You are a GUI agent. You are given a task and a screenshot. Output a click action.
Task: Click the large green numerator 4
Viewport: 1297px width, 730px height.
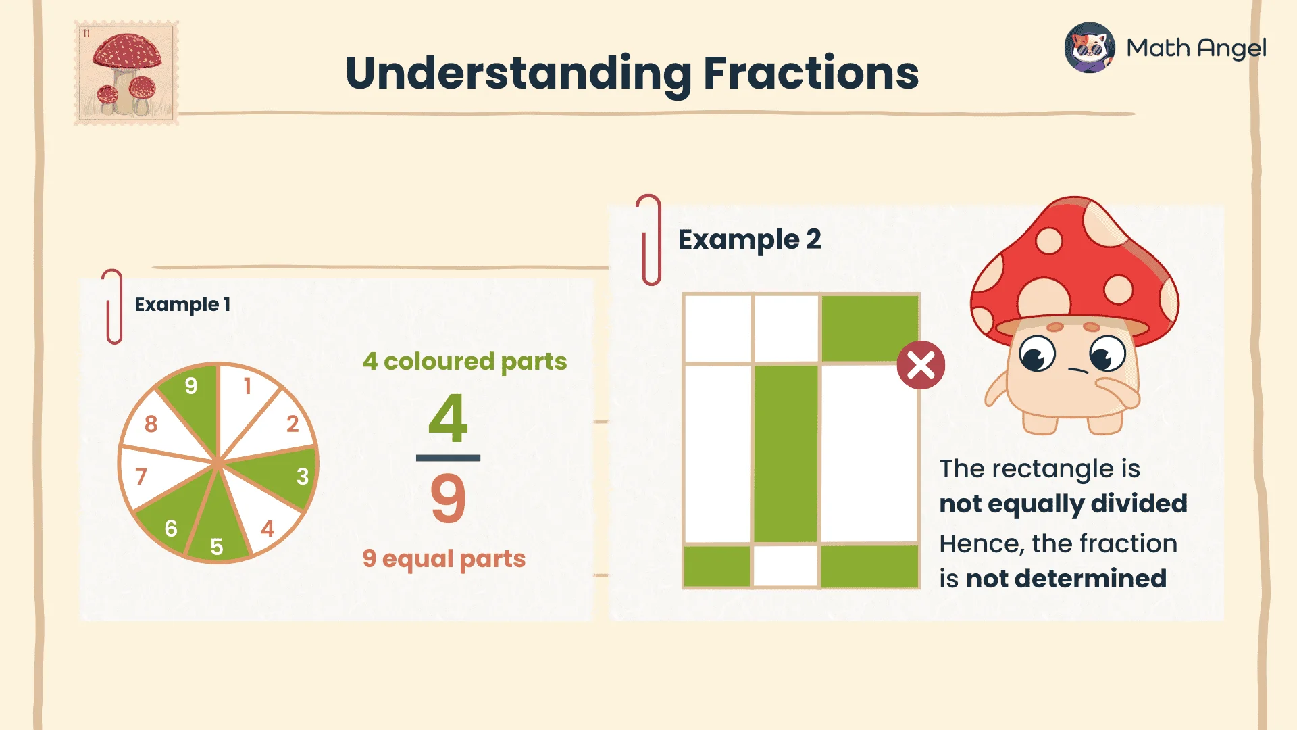point(448,418)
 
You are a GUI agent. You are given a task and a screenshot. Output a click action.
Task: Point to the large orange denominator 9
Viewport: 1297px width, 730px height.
point(448,499)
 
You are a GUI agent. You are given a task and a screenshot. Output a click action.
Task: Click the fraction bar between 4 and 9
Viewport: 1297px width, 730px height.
point(448,458)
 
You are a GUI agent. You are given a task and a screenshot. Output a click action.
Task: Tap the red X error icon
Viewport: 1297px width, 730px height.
point(921,366)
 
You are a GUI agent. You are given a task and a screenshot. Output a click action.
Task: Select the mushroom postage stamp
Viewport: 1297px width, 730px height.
point(126,73)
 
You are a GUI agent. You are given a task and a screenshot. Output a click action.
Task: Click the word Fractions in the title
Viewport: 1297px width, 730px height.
point(811,73)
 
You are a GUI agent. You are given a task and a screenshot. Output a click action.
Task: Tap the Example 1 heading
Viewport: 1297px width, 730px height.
point(182,305)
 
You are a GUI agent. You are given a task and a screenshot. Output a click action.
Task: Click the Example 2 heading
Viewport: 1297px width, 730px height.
point(750,239)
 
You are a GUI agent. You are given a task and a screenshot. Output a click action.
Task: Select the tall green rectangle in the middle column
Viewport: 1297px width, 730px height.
point(786,453)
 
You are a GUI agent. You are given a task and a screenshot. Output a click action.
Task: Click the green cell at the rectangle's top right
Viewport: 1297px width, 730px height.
point(870,328)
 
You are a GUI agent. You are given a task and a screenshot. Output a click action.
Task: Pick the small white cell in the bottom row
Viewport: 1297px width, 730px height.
point(786,566)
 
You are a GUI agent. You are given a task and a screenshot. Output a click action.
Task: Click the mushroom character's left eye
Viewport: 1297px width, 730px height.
point(1037,353)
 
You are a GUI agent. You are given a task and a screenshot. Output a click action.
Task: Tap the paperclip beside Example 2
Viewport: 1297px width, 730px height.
point(650,240)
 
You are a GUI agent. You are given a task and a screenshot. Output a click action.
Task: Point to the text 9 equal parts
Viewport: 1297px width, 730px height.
point(444,559)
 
